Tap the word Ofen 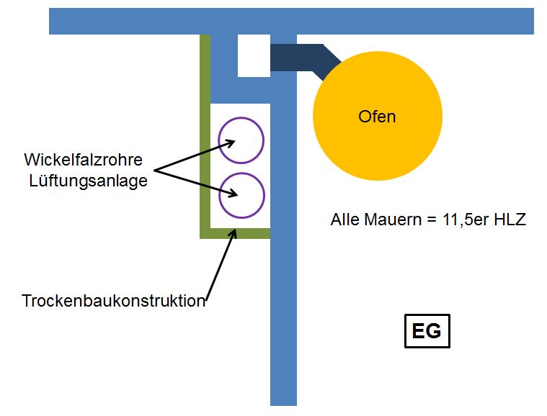click(x=377, y=116)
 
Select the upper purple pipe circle click(x=241, y=140)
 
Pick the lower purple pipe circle click(x=241, y=195)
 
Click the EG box click(x=427, y=331)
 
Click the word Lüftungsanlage click(x=88, y=180)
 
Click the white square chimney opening click(x=253, y=55)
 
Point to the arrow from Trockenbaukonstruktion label click(x=220, y=263)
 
